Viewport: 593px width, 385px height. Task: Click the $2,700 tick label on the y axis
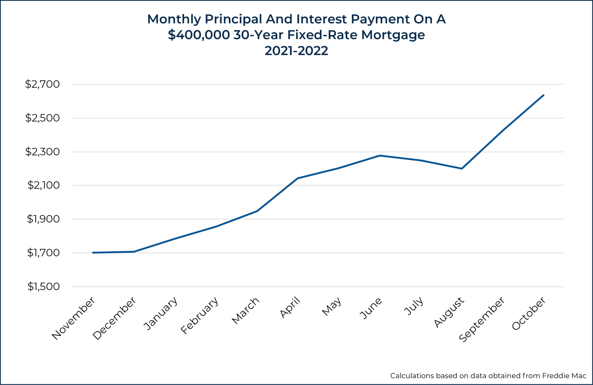coord(42,84)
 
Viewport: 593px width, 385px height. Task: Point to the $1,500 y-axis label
coord(43,287)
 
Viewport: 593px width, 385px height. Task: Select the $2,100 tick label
coord(43,185)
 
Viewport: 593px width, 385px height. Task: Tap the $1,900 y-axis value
coord(43,219)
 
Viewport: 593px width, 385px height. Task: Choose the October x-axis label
coord(529,314)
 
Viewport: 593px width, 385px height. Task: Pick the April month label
coord(290,308)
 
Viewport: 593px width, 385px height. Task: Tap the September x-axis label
coord(482,319)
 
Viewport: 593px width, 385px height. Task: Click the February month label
coord(200,316)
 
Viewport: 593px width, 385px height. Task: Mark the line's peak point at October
coord(543,95)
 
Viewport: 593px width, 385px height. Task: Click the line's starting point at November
coord(93,253)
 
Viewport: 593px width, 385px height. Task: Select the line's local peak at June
coord(380,155)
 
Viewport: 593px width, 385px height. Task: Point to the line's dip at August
coord(462,168)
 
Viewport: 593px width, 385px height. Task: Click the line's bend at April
coord(298,178)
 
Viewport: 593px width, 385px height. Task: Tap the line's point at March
coord(257,211)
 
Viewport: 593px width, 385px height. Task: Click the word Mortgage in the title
coord(393,35)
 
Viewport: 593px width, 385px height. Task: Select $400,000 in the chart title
coord(199,35)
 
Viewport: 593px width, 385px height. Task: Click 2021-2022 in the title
coord(296,51)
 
